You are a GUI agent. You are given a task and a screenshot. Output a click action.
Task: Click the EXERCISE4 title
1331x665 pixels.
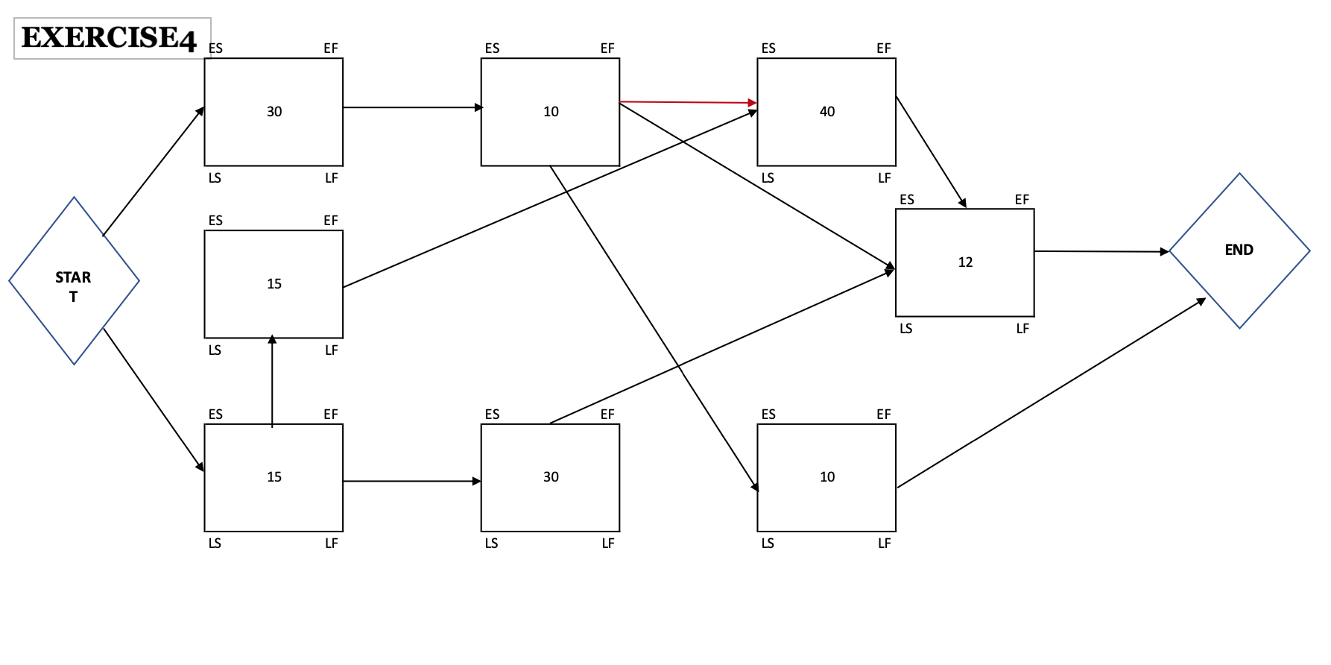(109, 37)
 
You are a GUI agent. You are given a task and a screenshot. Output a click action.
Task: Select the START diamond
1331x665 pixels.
(74, 281)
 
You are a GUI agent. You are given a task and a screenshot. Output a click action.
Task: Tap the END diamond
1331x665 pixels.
(1239, 250)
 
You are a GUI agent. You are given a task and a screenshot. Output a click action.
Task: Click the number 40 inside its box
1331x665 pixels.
(827, 112)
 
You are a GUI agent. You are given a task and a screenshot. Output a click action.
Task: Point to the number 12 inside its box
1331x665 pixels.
(965, 262)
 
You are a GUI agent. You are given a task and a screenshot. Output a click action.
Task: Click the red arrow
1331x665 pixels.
(688, 102)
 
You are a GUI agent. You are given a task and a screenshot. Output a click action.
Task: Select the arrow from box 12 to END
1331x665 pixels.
(1101, 252)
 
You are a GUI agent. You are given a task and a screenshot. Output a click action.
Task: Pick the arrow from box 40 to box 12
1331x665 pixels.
(931, 151)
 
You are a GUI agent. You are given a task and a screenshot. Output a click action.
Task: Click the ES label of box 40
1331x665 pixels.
(768, 48)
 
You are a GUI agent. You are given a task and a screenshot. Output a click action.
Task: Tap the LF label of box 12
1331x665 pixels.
(1022, 329)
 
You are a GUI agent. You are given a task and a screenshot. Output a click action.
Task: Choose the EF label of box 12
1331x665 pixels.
(1022, 200)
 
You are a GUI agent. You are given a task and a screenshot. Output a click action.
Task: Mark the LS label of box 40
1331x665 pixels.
(768, 178)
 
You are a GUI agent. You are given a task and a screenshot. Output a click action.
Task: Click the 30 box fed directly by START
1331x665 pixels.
(274, 112)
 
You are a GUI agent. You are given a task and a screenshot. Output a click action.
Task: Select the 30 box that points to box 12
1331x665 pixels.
(550, 477)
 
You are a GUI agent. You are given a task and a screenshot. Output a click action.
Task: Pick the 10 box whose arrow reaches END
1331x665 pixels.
(826, 477)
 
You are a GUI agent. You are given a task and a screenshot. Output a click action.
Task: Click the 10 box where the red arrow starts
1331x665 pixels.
(550, 112)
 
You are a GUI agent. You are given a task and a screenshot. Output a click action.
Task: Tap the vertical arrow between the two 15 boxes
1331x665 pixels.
(272, 381)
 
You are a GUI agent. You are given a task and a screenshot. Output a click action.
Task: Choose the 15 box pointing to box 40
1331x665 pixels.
(274, 284)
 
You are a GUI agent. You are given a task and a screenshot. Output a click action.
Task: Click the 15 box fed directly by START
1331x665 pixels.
(274, 477)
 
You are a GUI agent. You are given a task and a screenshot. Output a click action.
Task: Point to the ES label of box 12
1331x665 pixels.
(907, 200)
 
